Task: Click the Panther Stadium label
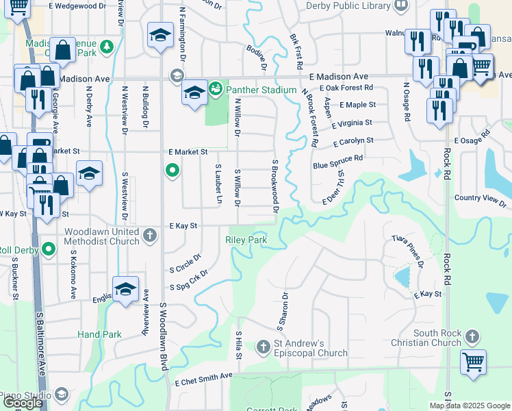[261, 90]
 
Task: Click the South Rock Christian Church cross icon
[472, 336]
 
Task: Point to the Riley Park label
[245, 240]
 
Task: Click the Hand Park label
[99, 334]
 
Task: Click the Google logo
[22, 403]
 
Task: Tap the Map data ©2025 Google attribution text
[469, 406]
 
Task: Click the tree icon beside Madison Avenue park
[106, 47]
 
